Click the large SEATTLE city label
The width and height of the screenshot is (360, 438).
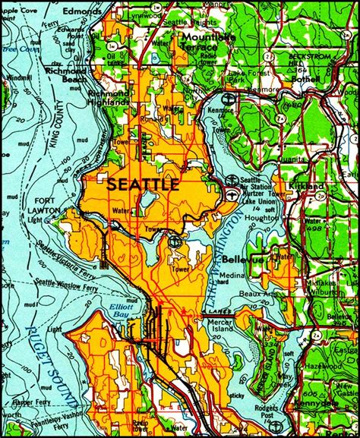coord(144,184)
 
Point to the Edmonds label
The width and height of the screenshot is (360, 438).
coord(82,12)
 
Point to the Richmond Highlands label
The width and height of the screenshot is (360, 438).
coord(107,99)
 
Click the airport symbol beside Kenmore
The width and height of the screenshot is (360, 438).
coord(227,97)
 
